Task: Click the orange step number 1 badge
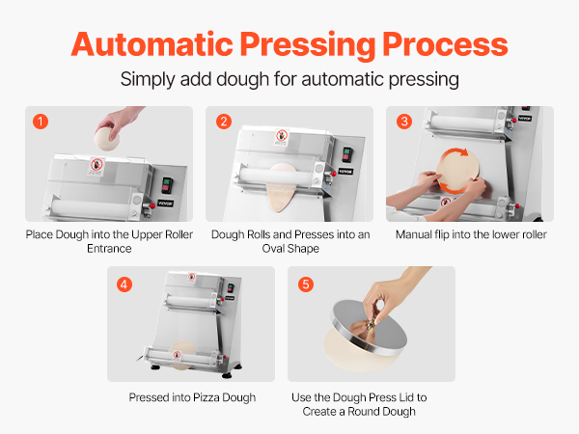point(41,122)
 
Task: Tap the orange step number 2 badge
point(224,122)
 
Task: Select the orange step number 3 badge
point(404,122)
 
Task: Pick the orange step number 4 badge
point(124,285)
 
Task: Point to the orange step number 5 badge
point(306,285)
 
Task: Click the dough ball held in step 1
point(107,139)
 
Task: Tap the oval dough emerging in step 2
point(282,188)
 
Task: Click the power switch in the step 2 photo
point(346,154)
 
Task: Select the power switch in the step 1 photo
point(167,185)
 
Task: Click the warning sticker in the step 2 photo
point(282,137)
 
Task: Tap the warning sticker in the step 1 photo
point(96,166)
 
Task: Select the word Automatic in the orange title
point(152,44)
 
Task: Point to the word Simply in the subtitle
point(148,80)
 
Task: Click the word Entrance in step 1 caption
point(109,249)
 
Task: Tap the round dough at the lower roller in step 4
point(182,355)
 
